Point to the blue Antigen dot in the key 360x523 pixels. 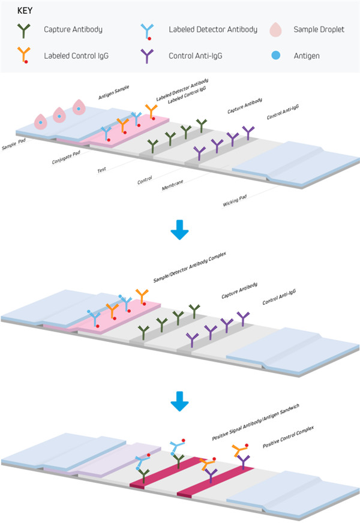[274, 56]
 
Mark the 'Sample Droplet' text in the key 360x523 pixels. [319, 29]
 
